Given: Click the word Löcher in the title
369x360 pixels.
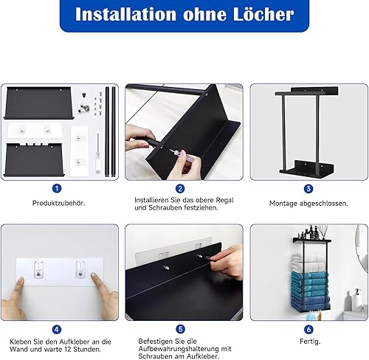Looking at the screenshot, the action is pyautogui.click(x=263, y=14).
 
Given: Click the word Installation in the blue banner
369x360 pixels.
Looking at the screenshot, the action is pyautogui.click(x=125, y=14).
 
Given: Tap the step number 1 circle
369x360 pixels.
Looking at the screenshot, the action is pyautogui.click(x=57, y=189).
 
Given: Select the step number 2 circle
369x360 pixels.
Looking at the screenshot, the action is pyautogui.click(x=180, y=189).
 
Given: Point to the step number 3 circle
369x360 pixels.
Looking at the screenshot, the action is pyautogui.click(x=308, y=189).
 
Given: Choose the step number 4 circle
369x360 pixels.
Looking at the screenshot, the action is pyautogui.click(x=57, y=329).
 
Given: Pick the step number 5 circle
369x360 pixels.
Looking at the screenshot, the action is pyautogui.click(x=180, y=329).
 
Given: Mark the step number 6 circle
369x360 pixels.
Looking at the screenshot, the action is pyautogui.click(x=308, y=329).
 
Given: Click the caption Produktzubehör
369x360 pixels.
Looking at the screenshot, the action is pyautogui.click(x=59, y=204).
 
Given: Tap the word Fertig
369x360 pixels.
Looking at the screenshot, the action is pyautogui.click(x=310, y=342).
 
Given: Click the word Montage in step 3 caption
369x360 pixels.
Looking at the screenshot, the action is pyautogui.click(x=283, y=204).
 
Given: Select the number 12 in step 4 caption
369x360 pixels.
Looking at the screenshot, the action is pyautogui.click(x=68, y=349).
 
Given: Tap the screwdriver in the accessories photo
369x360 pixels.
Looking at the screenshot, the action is pyautogui.click(x=98, y=153).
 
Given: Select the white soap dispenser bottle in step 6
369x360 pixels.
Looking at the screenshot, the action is pyautogui.click(x=357, y=299).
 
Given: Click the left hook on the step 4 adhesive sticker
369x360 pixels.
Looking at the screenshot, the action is pyautogui.click(x=38, y=270).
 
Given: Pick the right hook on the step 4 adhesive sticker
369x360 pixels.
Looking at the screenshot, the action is pyautogui.click(x=80, y=270).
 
